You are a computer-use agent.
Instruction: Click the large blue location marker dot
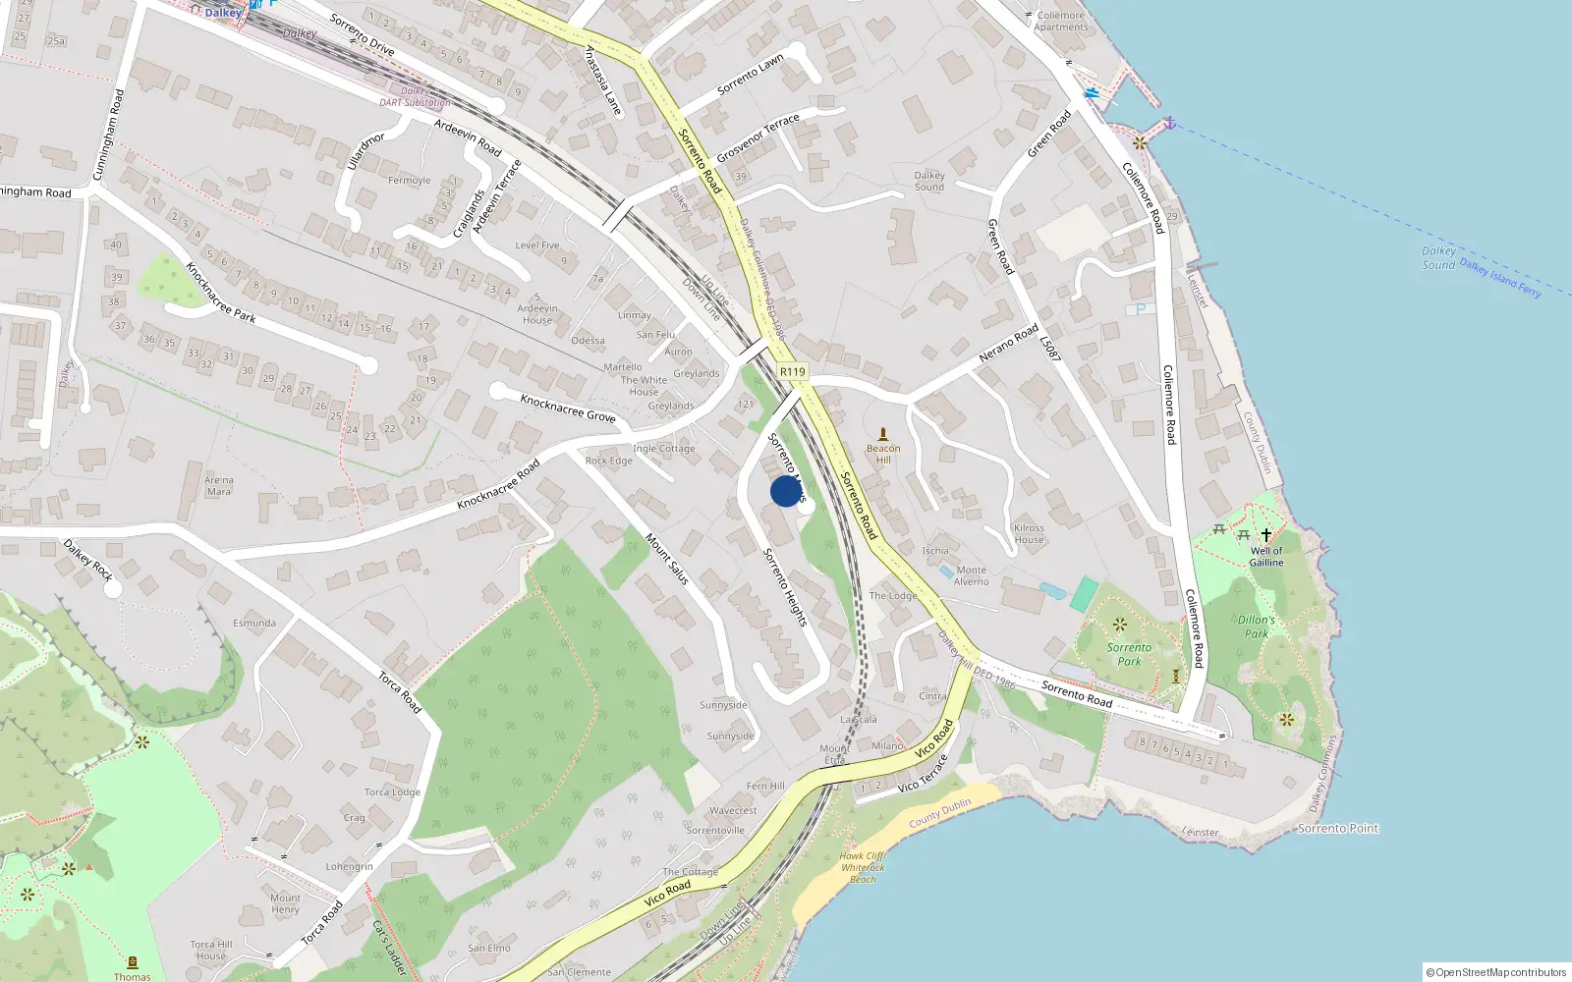point(786,491)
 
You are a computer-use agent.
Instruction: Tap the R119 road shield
point(792,371)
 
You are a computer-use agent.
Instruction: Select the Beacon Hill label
point(883,454)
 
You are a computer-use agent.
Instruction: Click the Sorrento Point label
point(1338,829)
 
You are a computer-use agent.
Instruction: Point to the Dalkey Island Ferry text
point(1499,278)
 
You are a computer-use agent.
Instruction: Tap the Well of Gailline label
point(1266,557)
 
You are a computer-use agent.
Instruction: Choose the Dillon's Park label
point(1257,627)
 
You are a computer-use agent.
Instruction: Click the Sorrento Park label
point(1129,654)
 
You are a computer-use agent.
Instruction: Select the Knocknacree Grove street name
point(568,408)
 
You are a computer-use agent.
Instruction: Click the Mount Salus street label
point(667,559)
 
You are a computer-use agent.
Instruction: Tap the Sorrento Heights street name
point(785,587)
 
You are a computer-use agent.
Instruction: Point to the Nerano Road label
point(1008,343)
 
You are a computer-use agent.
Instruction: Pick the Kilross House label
point(1029,533)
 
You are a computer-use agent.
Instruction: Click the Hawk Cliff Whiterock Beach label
point(863,867)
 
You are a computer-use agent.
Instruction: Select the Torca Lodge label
point(392,791)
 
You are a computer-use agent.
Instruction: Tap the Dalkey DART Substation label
point(415,97)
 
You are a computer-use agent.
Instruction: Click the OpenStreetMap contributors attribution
point(1496,972)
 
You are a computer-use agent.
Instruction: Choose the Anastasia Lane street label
point(603,81)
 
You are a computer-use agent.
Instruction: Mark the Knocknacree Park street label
point(220,292)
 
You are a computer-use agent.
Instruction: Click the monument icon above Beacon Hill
point(882,433)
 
